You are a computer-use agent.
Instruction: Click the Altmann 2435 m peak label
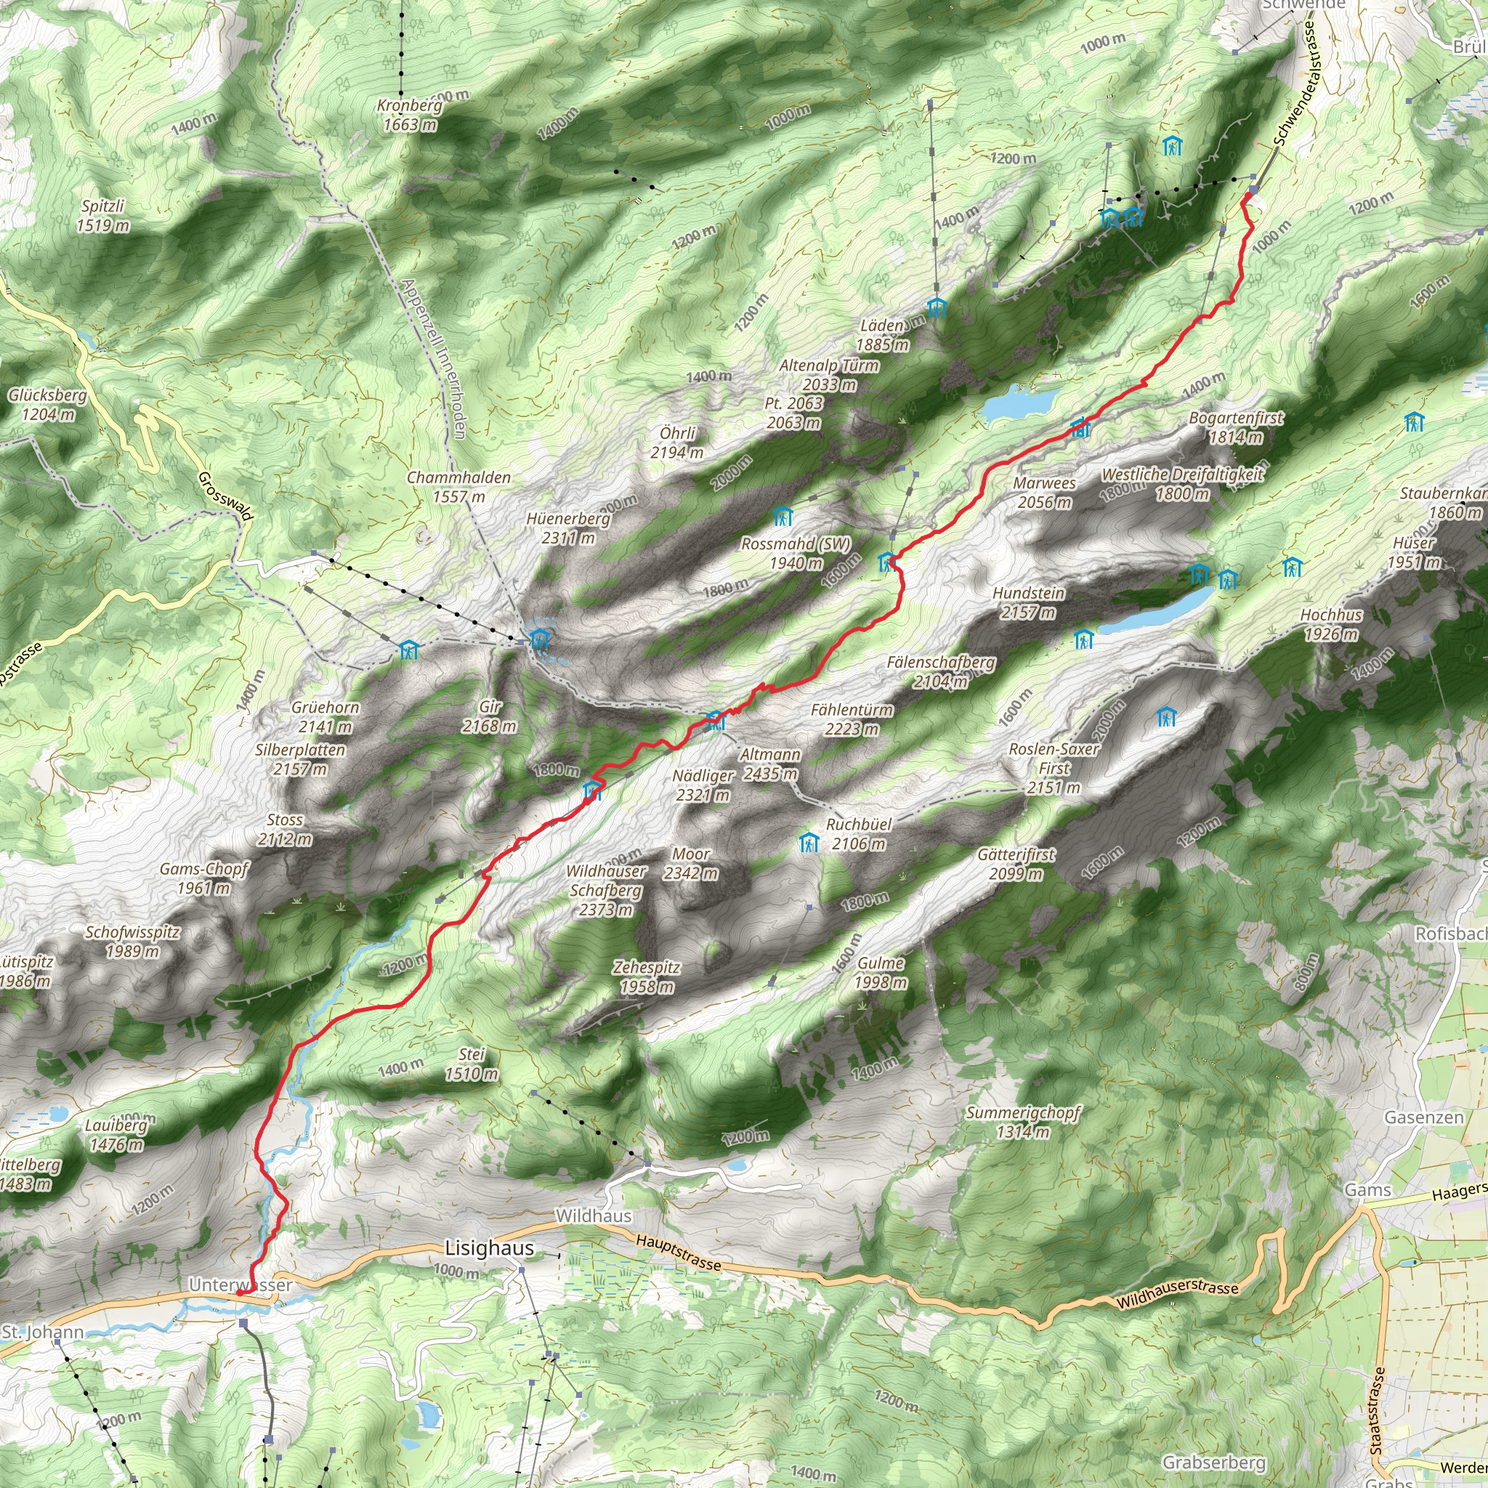pos(769,764)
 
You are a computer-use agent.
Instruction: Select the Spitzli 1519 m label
pos(102,216)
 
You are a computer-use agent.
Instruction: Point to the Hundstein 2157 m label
pos(1028,603)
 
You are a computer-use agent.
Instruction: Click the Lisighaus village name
pos(489,1248)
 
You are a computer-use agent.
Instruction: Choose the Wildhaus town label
pos(593,1216)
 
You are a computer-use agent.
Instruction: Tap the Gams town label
pos(1367,1190)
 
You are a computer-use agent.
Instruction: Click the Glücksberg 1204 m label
pos(48,405)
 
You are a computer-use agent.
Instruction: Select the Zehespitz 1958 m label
pos(646,976)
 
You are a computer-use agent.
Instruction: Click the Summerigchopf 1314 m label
pos(1023,1122)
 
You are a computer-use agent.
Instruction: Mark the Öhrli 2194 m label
pos(677,443)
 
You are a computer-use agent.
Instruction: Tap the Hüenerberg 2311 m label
pos(568,528)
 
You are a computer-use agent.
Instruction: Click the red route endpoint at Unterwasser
pos(240,1293)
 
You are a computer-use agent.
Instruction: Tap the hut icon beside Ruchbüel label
pos(809,843)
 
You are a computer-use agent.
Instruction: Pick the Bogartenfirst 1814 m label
pos(1235,427)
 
